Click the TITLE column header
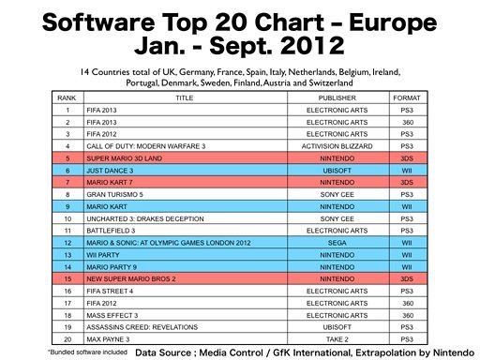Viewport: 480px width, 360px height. coord(184,97)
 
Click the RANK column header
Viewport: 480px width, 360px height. coord(67,97)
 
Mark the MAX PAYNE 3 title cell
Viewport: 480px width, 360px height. coord(108,337)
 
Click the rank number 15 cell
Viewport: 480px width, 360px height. coord(67,277)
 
